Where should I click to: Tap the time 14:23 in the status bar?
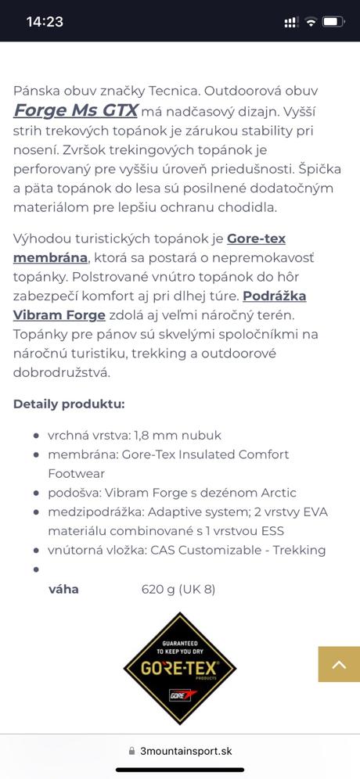click(45, 22)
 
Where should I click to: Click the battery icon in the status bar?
click(333, 22)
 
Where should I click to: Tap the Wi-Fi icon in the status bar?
click(311, 22)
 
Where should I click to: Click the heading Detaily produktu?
click(69, 404)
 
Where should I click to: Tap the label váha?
click(63, 589)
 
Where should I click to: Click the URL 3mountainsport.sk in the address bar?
click(186, 751)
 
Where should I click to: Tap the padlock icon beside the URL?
click(131, 751)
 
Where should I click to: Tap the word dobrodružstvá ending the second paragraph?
click(62, 372)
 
